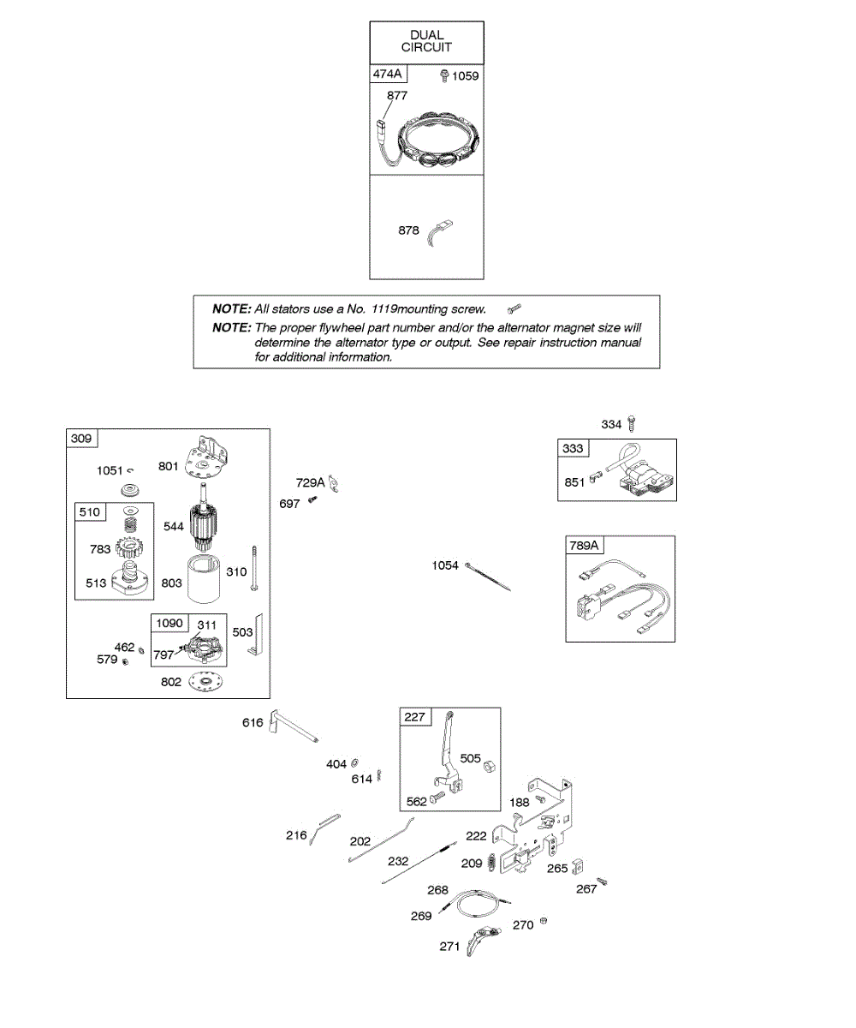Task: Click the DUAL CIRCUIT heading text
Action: point(426,41)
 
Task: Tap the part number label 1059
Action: point(465,76)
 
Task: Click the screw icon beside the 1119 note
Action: point(514,308)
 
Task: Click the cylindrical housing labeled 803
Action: point(204,578)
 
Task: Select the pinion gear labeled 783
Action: point(129,547)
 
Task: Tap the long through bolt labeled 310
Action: point(254,568)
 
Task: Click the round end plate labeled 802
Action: point(205,682)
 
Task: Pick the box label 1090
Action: point(169,624)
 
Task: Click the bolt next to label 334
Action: point(633,423)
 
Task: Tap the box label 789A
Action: point(584,546)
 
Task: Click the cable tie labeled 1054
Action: point(488,577)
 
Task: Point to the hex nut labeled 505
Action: point(489,767)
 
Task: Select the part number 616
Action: point(253,722)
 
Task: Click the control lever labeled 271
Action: point(483,940)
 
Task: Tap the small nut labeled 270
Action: point(544,920)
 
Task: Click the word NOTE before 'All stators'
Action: point(232,308)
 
